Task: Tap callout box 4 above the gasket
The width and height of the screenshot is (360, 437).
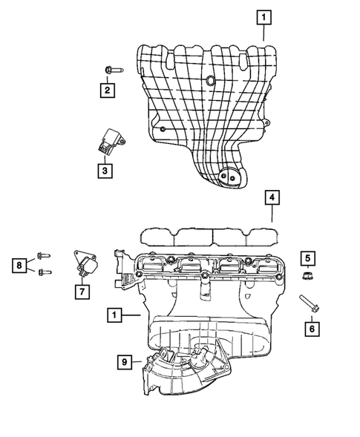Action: pos(272,197)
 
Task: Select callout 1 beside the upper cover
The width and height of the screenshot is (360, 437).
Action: pos(265,14)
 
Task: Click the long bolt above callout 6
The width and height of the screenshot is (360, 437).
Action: pos(309,304)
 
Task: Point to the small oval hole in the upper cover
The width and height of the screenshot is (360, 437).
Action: pos(211,80)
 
